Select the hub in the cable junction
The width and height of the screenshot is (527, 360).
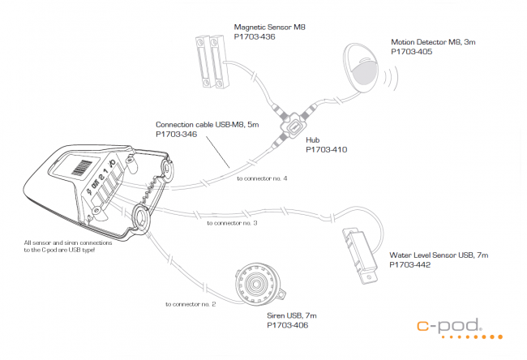[294, 125]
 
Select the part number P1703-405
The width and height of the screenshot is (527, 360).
[411, 51]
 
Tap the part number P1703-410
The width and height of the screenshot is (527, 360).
[326, 149]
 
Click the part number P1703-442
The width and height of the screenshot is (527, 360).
[409, 264]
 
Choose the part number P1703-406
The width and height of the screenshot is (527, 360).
[287, 324]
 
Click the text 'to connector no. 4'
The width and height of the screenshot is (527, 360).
[262, 178]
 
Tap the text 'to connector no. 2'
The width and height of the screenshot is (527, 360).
[190, 305]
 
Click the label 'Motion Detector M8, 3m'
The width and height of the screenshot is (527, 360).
[431, 42]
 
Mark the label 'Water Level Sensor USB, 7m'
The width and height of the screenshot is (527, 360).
[438, 255]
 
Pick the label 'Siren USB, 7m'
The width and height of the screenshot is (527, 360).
[292, 315]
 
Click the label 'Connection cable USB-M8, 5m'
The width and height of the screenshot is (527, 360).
[206, 125]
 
